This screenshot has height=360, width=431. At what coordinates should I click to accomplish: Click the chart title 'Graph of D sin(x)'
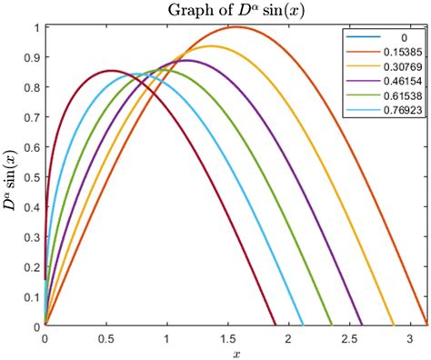pos(236,10)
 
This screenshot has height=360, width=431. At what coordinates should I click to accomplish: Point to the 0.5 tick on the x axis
pos(105,337)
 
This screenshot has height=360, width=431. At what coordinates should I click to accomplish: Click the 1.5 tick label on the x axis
pos(227,337)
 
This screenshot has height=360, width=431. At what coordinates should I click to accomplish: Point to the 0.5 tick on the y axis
pos(30,175)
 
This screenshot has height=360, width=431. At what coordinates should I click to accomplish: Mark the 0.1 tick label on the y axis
pos(30,295)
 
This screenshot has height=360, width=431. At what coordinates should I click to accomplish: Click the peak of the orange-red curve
pos(236,26)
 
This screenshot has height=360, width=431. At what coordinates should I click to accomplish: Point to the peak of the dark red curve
pos(111,70)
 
